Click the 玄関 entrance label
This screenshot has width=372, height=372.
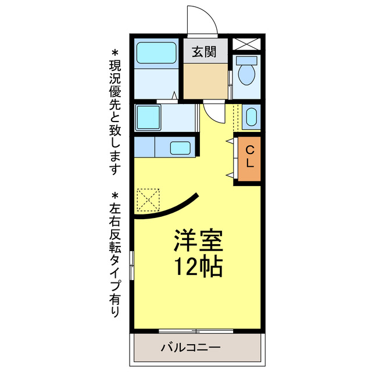point(202,52)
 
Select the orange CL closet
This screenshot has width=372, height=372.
point(249,157)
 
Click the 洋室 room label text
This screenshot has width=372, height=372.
point(198,239)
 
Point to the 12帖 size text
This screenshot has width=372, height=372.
point(198,266)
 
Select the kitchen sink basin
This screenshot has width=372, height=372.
point(183,147)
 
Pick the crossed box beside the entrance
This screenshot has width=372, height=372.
point(247,44)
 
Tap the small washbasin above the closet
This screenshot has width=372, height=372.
point(251,117)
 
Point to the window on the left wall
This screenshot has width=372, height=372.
point(133,267)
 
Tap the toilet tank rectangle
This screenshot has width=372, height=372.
point(247,60)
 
